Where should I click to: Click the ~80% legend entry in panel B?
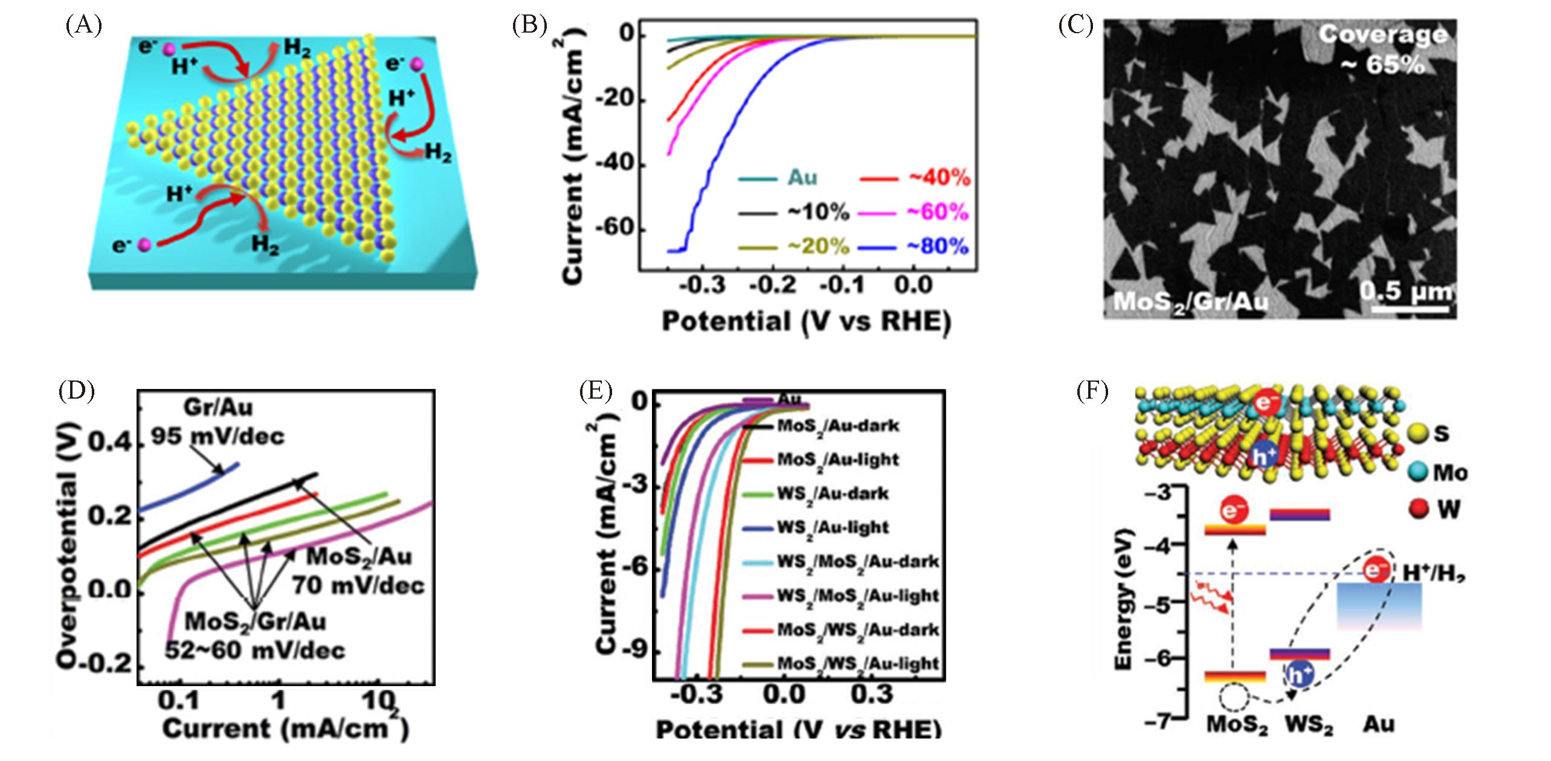[x=937, y=246]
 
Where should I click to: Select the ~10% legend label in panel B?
[x=818, y=213]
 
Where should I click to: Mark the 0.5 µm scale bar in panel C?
[x=1410, y=309]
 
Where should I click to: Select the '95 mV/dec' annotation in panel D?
[x=218, y=436]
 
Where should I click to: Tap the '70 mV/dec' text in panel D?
[x=359, y=585]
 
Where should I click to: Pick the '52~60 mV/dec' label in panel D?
[x=255, y=650]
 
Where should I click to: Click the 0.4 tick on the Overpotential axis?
[x=111, y=443]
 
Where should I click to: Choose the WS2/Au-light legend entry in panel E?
[x=833, y=528]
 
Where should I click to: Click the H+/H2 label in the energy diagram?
[x=1434, y=573]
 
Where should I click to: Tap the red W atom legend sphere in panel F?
[x=1418, y=509]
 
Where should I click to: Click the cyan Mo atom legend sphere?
[x=1418, y=472]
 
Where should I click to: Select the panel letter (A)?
[x=83, y=26]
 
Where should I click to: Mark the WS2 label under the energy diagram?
[x=1308, y=724]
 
